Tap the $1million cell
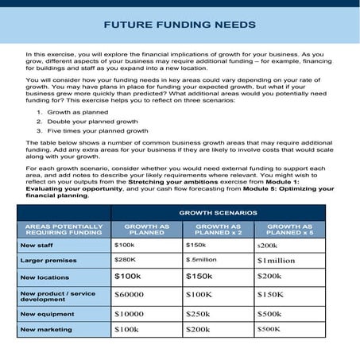click(277, 260)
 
